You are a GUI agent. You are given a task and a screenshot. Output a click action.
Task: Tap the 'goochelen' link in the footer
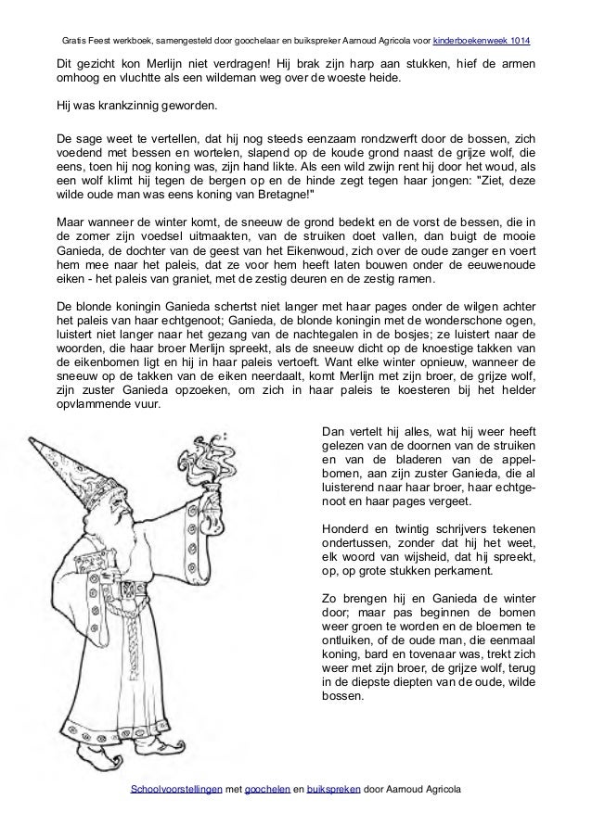click(x=265, y=788)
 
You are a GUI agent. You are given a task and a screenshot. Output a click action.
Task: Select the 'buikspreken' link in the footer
click(x=335, y=788)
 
